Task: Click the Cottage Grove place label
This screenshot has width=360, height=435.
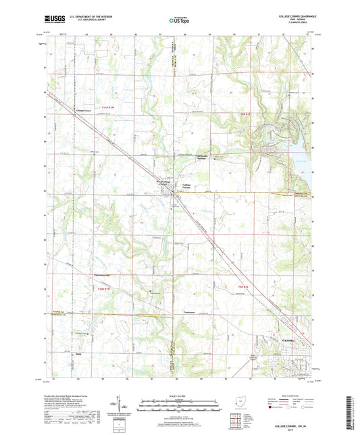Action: [84, 110]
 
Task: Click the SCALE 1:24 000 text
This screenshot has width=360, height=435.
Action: [180, 396]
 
